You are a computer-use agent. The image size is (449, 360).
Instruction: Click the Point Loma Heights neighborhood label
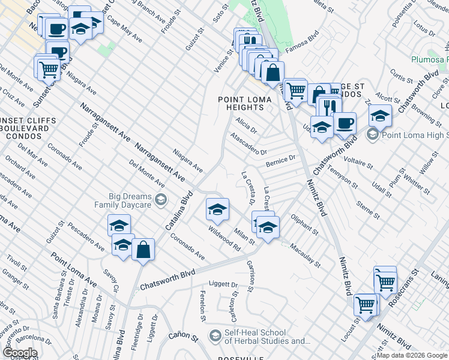(x=241, y=103)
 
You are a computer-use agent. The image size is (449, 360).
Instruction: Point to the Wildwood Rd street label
(x=224, y=238)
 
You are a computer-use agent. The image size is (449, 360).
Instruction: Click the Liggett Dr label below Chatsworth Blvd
(x=223, y=284)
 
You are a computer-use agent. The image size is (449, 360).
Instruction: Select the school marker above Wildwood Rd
(x=217, y=209)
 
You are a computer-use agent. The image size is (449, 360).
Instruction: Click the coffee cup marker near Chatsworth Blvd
(x=345, y=124)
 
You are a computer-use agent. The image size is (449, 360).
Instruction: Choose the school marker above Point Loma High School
(x=380, y=116)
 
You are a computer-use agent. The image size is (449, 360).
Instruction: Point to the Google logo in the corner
(x=19, y=353)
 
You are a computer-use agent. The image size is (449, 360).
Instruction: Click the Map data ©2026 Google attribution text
(x=412, y=355)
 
